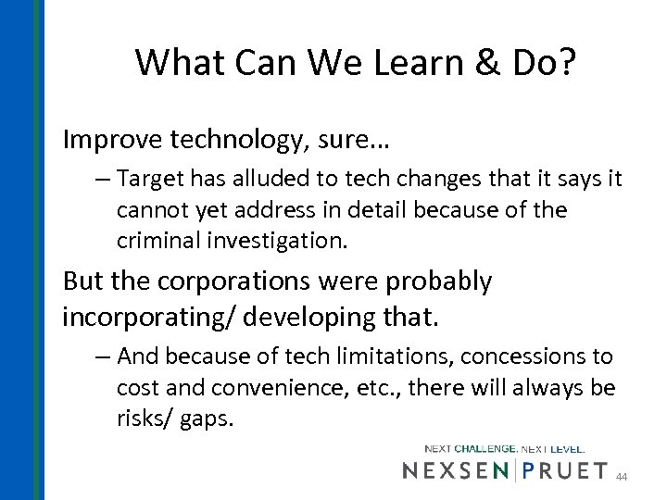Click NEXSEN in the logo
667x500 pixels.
point(454,470)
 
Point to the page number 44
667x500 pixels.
point(623,477)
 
